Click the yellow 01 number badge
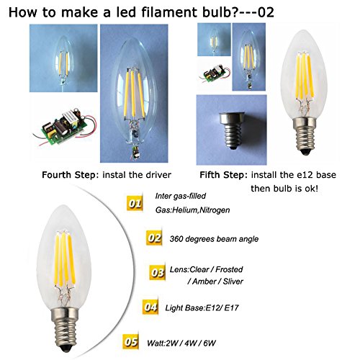coord(135,204)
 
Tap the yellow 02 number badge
coord(154,238)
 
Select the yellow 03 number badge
coord(157,273)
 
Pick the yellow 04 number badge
coord(150,307)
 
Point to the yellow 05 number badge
coord(131,342)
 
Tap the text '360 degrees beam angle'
coord(214,239)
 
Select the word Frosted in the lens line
coord(229,269)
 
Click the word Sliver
coord(233,282)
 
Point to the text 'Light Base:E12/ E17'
coord(202,307)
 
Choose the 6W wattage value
coord(210,343)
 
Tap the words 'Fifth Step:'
coord(223,175)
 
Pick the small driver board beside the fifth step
coord(215,73)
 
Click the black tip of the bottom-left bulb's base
coord(66,348)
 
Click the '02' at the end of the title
coord(266,12)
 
